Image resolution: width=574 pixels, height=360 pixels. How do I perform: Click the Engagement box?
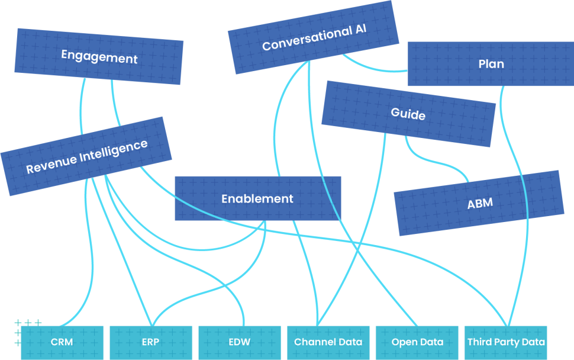click(x=99, y=57)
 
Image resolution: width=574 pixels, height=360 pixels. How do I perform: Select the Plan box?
click(x=491, y=64)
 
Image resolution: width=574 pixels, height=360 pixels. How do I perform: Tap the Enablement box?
click(x=257, y=199)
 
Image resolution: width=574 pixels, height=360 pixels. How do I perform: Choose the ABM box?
click(x=479, y=204)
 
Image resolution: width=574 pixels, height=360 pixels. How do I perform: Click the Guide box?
click(x=408, y=114)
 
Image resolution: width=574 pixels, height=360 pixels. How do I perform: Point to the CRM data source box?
click(x=62, y=342)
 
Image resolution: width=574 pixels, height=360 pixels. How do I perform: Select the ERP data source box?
click(x=150, y=342)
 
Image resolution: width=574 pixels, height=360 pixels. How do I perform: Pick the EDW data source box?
click(x=239, y=342)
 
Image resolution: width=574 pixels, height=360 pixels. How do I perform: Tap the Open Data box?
click(x=417, y=342)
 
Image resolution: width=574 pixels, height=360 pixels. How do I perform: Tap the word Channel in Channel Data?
click(x=312, y=342)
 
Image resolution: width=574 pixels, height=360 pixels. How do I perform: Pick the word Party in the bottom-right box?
click(x=508, y=342)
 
